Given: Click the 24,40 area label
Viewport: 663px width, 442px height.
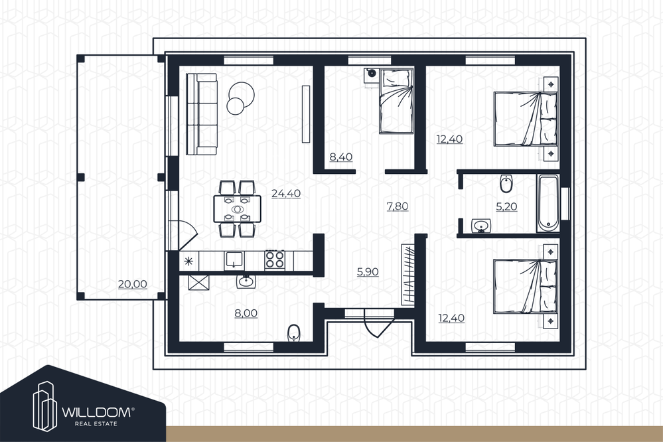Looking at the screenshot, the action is click(x=286, y=194).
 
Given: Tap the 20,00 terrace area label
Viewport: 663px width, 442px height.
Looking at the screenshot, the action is click(x=132, y=284).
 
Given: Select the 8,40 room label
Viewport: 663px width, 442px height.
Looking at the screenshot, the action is click(x=341, y=157).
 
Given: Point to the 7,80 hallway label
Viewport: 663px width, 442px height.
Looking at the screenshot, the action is click(x=398, y=206).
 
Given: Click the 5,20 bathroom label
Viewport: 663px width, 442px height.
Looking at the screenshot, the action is click(x=506, y=207).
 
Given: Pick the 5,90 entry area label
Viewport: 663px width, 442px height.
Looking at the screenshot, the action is click(x=368, y=272).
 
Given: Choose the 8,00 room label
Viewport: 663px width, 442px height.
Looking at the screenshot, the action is click(x=246, y=313).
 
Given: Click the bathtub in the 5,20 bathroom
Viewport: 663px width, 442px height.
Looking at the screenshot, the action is click(x=548, y=203).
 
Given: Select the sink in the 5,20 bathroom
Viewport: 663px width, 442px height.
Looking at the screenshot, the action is click(x=480, y=226).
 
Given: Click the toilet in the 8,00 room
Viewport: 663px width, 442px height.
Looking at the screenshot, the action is click(x=293, y=333).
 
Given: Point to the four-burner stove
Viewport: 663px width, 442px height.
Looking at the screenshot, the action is click(x=275, y=259).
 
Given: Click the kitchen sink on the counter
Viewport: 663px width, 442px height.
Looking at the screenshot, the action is click(x=234, y=259).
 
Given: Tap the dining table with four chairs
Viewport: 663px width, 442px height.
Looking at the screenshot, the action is click(x=237, y=208).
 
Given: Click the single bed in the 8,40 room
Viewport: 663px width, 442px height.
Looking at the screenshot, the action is click(x=396, y=101).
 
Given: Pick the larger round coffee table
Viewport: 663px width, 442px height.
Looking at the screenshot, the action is click(x=242, y=94).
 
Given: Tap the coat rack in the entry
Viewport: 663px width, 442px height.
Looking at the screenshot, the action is click(x=407, y=273).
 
